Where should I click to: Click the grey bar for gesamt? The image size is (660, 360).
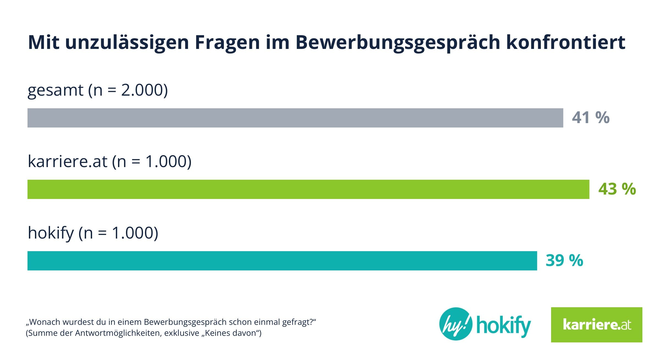coord(295,118)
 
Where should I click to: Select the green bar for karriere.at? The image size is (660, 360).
coord(308,189)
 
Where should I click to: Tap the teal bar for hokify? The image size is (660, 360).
coord(282,261)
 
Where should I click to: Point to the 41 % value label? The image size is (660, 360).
coord(591,118)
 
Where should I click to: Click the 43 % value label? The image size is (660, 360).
coord(617,189)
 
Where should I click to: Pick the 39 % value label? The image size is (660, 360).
coord(564,261)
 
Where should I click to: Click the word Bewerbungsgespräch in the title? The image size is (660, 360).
coord(398,43)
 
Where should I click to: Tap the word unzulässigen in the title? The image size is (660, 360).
coord(127,43)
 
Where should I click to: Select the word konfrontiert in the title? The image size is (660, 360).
coord(566,43)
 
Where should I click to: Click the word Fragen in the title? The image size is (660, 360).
coord(227,43)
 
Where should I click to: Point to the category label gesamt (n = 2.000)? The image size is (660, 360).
coord(98,90)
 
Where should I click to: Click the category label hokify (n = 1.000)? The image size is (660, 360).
coord(93,233)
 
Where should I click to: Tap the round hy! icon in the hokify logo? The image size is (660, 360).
coord(455,324)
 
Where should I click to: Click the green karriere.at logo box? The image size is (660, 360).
coord(596,325)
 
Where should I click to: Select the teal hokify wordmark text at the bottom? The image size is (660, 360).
coord(504,325)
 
